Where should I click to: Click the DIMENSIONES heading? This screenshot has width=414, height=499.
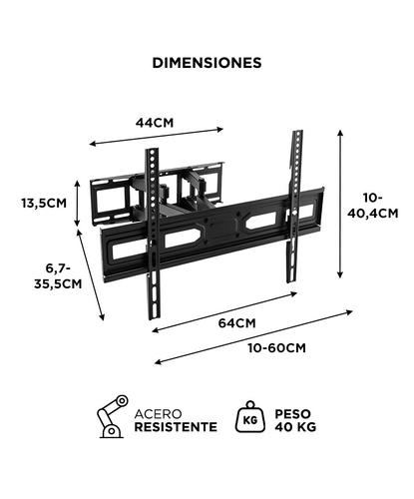pyautogui.click(x=207, y=62)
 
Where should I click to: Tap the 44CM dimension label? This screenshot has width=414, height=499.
pyautogui.click(x=155, y=122)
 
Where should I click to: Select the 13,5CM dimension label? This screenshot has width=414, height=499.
pyautogui.click(x=44, y=203)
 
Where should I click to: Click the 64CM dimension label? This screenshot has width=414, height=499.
pyautogui.click(x=237, y=322)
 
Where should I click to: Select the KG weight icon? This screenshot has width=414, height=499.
pyautogui.click(x=248, y=417)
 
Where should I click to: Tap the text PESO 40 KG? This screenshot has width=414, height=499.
pyautogui.click(x=296, y=418)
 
